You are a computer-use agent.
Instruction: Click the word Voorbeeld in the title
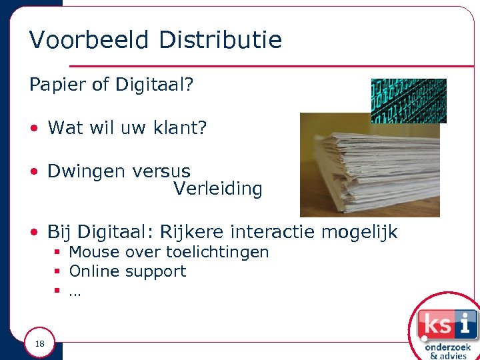point(90,40)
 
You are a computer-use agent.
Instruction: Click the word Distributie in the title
point(221,40)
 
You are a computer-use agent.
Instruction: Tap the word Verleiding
point(218,189)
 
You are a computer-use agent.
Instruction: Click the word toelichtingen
point(217,252)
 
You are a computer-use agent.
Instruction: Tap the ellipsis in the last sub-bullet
point(74,292)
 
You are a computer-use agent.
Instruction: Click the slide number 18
point(39,344)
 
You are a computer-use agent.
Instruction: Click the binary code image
point(408,101)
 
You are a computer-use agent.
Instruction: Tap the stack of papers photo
point(370,167)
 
